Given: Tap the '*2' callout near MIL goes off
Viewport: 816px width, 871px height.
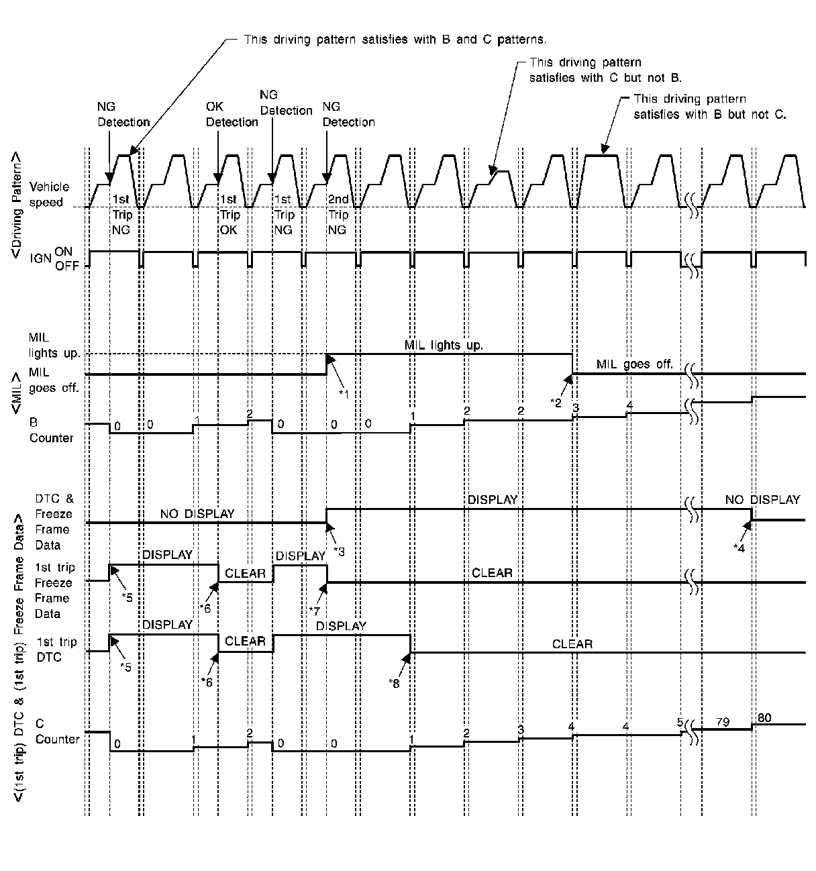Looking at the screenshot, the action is pyautogui.click(x=556, y=403).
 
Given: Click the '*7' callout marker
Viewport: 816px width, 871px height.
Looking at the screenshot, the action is pyautogui.click(x=314, y=610).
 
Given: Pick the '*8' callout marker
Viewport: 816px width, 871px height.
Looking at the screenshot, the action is pyautogui.click(x=395, y=682).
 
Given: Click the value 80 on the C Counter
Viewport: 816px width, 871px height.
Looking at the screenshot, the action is pyautogui.click(x=764, y=717).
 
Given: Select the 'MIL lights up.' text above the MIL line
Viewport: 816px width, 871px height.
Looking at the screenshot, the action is pyautogui.click(x=444, y=345).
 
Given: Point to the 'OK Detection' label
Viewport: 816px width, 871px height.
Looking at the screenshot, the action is pyautogui.click(x=232, y=114).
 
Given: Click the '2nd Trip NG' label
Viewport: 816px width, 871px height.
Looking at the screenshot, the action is pyautogui.click(x=338, y=214).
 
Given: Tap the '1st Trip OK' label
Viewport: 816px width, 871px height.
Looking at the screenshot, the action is pyautogui.click(x=229, y=214).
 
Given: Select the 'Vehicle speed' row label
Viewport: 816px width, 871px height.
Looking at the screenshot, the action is pyautogui.click(x=49, y=195).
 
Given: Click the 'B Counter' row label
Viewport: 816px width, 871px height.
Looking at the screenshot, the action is pyautogui.click(x=51, y=430).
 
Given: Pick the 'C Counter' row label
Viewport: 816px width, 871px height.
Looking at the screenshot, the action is pyautogui.click(x=57, y=731).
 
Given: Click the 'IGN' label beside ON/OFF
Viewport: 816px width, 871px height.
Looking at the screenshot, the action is pyautogui.click(x=41, y=258).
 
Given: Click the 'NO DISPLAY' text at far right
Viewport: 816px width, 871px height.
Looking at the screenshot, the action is pyautogui.click(x=762, y=500).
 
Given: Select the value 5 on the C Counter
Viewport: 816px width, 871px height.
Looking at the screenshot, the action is pyautogui.click(x=680, y=723).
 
